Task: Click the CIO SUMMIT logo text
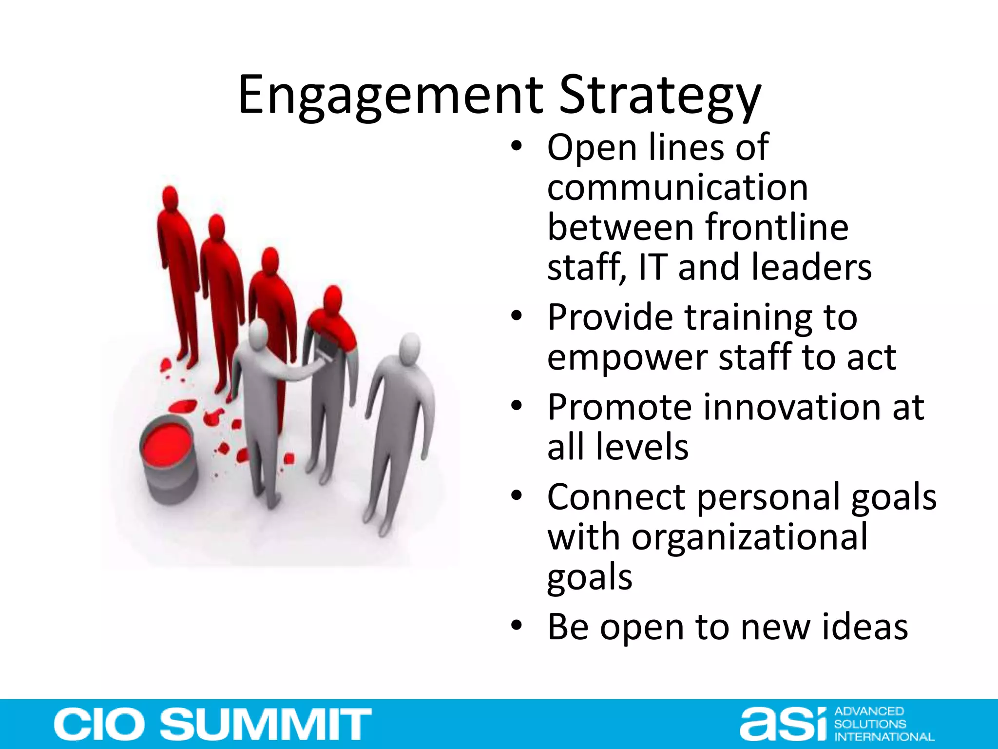[212, 724]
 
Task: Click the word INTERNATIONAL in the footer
[884, 737]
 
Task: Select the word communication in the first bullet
[677, 187]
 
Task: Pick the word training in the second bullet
[748, 317]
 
